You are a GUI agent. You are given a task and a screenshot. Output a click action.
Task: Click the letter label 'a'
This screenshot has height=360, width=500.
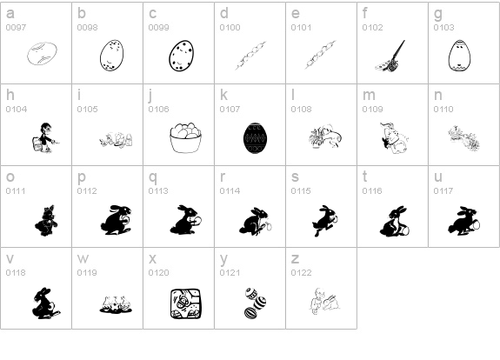[10, 14]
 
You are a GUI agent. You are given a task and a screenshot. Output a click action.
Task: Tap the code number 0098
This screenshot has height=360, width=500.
[87, 28]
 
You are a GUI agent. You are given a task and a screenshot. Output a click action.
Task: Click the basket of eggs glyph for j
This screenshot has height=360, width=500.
[184, 137]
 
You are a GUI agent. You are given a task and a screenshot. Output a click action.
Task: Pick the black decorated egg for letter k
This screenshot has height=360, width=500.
[255, 137]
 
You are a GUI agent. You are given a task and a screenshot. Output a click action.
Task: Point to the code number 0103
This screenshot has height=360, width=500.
[443, 28]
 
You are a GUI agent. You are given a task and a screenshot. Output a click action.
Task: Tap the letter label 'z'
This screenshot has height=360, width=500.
[295, 259]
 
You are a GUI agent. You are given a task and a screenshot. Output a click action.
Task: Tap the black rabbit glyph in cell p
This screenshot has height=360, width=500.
[113, 219]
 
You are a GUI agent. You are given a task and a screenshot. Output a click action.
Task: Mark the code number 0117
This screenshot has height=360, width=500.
[443, 191]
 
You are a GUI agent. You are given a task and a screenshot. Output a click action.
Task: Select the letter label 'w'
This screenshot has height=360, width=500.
[83, 259]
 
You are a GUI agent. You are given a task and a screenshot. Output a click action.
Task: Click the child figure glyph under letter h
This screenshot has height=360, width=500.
[41, 137]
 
